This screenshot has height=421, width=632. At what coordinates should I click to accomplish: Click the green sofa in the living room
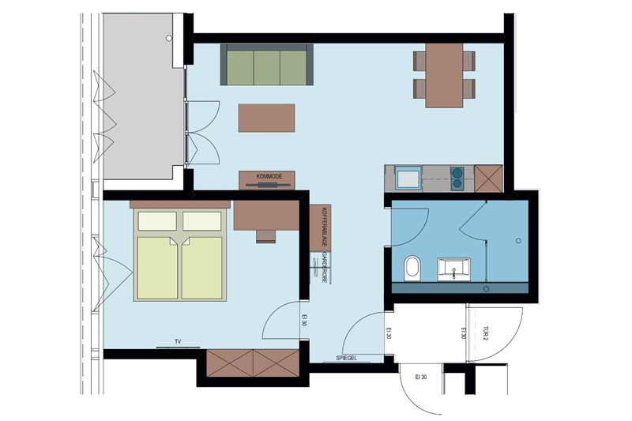coord(267,66)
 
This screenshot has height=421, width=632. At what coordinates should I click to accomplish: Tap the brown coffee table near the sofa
coord(266,118)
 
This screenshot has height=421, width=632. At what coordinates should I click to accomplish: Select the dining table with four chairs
coord(445,74)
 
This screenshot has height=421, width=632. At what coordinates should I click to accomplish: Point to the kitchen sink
coord(408,178)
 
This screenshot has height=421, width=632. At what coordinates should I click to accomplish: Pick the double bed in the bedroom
coord(181,254)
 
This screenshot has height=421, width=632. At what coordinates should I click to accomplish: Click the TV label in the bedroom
coord(179,341)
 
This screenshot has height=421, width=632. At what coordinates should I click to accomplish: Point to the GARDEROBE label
coord(324,269)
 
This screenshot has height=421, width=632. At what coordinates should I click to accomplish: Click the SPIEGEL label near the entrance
coord(347,359)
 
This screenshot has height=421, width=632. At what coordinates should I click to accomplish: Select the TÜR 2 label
coord(486,334)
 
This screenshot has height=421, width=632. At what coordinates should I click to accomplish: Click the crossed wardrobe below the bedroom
coord(253,363)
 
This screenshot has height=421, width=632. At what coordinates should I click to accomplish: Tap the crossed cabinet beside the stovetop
coord(488,179)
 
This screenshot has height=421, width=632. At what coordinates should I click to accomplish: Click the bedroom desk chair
coord(266,235)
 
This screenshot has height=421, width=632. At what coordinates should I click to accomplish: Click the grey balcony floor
coord(142,95)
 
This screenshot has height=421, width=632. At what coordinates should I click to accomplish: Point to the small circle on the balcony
coord(168,37)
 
